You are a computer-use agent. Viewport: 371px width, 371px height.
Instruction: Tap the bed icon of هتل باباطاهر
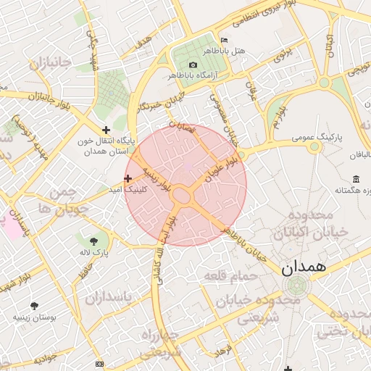(x=224, y=39)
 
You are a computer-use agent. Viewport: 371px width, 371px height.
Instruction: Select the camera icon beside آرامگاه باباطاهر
(x=193, y=65)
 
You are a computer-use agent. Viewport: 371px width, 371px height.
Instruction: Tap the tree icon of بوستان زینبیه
(x=34, y=306)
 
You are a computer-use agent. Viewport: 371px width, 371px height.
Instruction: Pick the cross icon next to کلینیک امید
(x=128, y=178)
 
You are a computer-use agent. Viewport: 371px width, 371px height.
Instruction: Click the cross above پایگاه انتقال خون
(x=107, y=130)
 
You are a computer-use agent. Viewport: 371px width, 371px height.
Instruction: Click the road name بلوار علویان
(x=221, y=166)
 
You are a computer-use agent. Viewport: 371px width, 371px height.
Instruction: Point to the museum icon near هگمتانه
(x=356, y=179)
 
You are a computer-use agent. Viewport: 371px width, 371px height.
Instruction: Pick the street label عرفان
(x=252, y=91)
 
